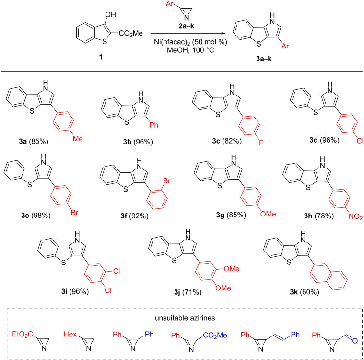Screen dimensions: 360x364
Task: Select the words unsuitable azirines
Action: [x=181, y=318]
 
